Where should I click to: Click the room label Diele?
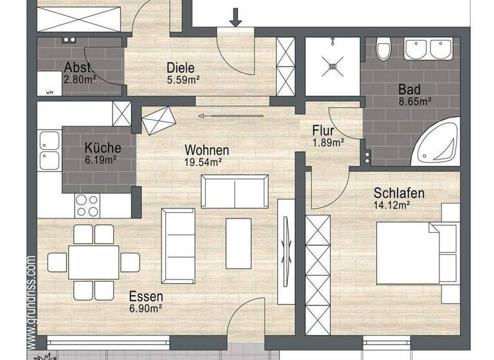click(180, 67)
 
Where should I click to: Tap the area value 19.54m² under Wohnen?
click(202, 163)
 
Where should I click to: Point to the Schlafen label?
click(399, 194)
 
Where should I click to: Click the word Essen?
click(146, 297)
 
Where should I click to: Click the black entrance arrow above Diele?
click(235, 17)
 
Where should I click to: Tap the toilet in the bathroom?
click(384, 49)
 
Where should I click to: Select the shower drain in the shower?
click(333, 64)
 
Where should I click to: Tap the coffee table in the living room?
click(238, 242)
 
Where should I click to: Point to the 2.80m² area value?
click(79, 80)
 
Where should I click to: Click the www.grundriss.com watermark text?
click(32, 302)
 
